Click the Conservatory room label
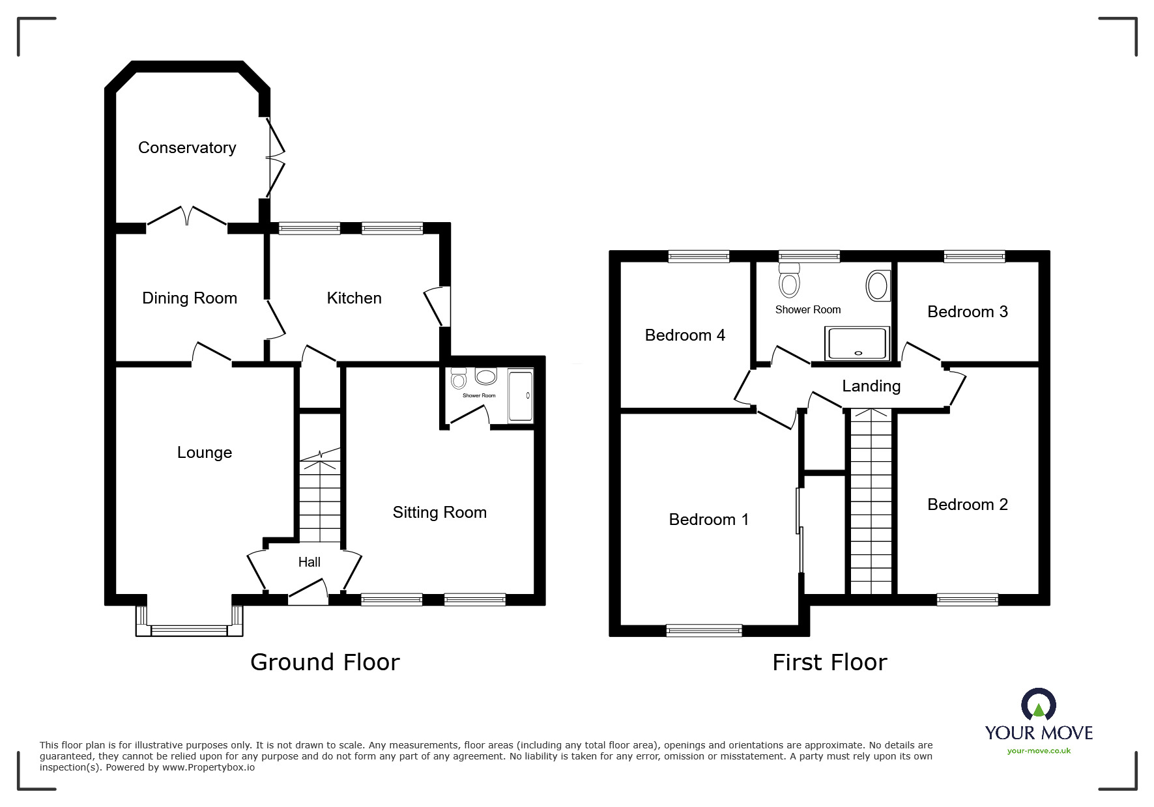pyautogui.click(x=187, y=148)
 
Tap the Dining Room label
pyautogui.click(x=190, y=298)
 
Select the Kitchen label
pyautogui.click(x=354, y=298)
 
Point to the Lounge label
pyautogui.click(x=205, y=453)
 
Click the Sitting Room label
pyautogui.click(x=439, y=513)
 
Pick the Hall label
pyautogui.click(x=310, y=562)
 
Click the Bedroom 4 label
pyautogui.click(x=685, y=335)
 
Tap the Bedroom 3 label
pyautogui.click(x=967, y=312)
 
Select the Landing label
pyautogui.click(x=871, y=386)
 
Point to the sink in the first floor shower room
pyautogui.click(x=877, y=286)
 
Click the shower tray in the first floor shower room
pyautogui.click(x=857, y=343)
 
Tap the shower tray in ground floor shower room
pyautogui.click(x=521, y=395)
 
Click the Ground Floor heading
pyautogui.click(x=325, y=662)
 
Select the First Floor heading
pyautogui.click(x=829, y=663)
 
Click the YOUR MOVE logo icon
pyautogui.click(x=1038, y=705)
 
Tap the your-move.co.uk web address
pyautogui.click(x=1039, y=751)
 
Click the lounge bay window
pyautogui.click(x=190, y=629)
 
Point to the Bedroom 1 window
pyautogui.click(x=704, y=630)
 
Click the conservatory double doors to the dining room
pyautogui.click(x=187, y=217)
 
